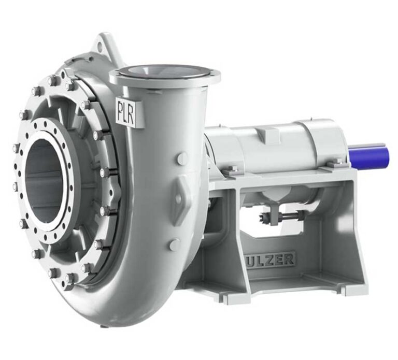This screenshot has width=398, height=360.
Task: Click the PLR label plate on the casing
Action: (125, 111)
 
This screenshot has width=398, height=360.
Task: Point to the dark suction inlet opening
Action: (44, 181)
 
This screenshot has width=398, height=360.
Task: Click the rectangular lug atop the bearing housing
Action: (267, 136)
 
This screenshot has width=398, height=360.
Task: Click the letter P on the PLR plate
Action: (120, 111)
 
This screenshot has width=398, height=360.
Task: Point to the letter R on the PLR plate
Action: (131, 113)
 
